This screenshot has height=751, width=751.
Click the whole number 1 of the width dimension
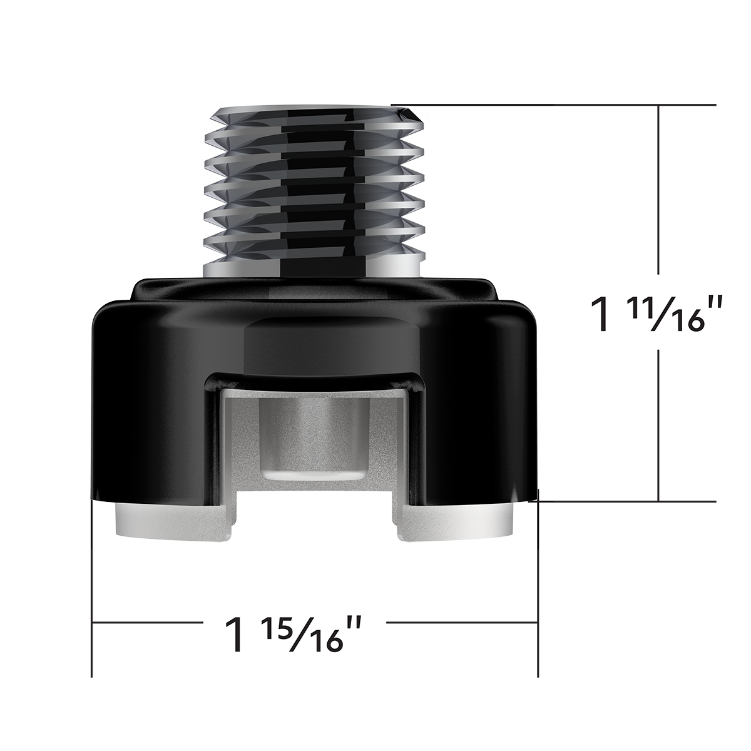point(235,635)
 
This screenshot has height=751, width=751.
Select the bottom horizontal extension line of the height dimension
point(626,501)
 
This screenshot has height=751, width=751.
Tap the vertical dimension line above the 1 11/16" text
point(658,188)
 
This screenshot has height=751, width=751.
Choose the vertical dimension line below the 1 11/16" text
point(658,426)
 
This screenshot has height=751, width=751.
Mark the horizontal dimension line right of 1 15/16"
point(460,623)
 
